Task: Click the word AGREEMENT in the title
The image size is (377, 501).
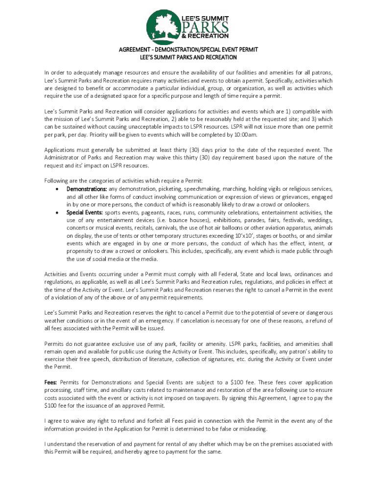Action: [x=134, y=50]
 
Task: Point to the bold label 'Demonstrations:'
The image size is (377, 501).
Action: [x=87, y=189]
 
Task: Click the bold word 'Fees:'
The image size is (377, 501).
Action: [x=51, y=382]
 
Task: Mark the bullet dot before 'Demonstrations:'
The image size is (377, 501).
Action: [x=58, y=189]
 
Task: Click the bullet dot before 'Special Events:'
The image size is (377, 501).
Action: [x=58, y=213]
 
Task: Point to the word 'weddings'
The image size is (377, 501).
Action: [x=319, y=221]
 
